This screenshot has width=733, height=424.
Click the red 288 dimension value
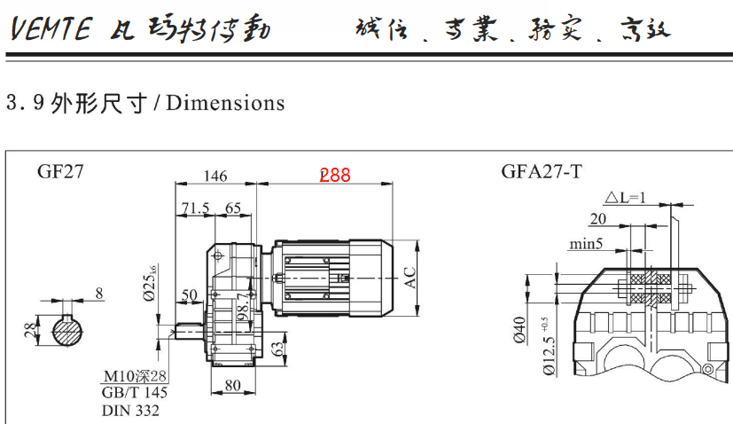(335, 176)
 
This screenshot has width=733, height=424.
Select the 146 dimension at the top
(216, 176)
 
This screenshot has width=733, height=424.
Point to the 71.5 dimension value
(195, 208)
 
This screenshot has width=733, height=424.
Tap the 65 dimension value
(233, 208)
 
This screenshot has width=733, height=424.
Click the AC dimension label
(409, 278)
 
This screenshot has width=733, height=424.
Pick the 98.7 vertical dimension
(240, 306)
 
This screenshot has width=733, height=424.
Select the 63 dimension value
(278, 345)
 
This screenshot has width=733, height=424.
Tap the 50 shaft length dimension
(190, 295)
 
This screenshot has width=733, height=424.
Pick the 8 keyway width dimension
(98, 292)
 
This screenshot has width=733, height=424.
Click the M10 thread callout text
(136, 377)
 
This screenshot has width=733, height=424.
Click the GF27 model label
(60, 172)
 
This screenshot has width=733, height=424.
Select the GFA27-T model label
(542, 171)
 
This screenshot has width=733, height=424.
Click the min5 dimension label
(587, 242)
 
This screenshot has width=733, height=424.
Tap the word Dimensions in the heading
(225, 103)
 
